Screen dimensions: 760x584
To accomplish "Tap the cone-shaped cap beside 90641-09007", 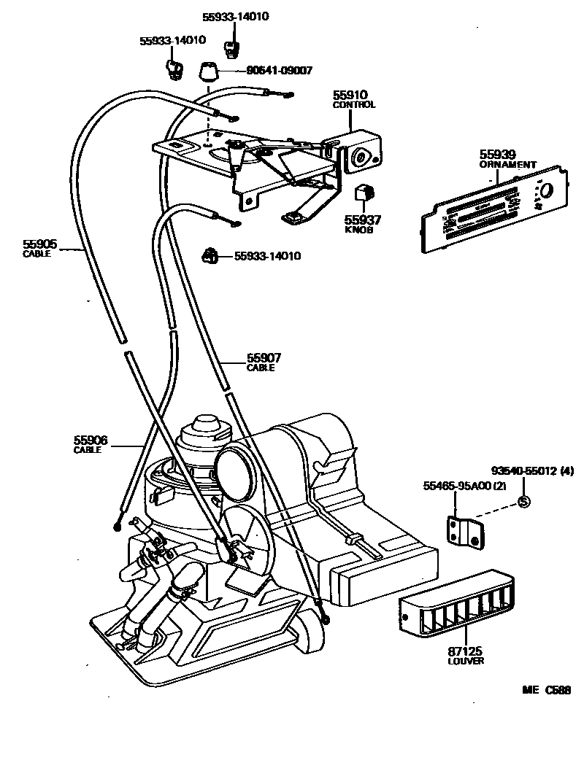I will tap(209, 72).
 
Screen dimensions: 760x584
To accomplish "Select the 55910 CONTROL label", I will tap(354, 100).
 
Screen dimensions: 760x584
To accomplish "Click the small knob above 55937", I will tap(364, 193).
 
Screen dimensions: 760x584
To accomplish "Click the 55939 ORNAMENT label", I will tap(507, 158).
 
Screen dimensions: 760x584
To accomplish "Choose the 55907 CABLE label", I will tap(264, 362).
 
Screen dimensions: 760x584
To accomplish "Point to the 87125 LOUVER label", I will tap(465, 654).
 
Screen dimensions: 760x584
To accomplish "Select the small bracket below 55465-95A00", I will tap(464, 530).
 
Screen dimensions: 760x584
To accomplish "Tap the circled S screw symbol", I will tap(523, 501).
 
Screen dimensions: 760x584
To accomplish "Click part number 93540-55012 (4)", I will tap(532, 471).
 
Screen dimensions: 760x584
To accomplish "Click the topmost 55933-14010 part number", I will tap(234, 15).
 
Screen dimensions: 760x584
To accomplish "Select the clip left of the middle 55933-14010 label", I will tap(210, 256).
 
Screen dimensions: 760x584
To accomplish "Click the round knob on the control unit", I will tap(360, 156).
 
